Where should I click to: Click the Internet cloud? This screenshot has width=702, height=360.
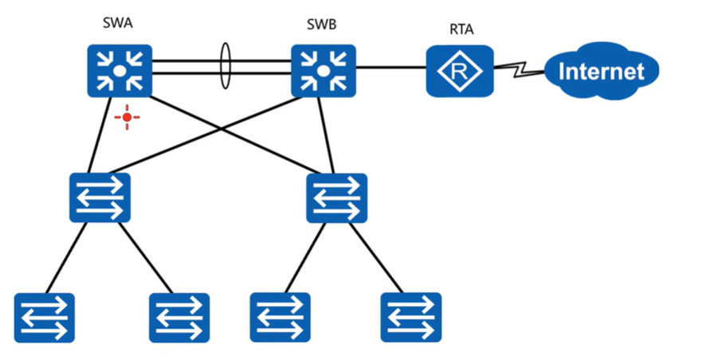(602, 72)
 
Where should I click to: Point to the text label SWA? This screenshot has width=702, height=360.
(118, 23)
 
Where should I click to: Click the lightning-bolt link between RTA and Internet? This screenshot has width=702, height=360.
(518, 71)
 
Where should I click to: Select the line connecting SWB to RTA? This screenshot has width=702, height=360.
(390, 70)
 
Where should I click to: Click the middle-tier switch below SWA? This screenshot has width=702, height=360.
(100, 198)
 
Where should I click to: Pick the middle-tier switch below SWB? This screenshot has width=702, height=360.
(337, 198)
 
